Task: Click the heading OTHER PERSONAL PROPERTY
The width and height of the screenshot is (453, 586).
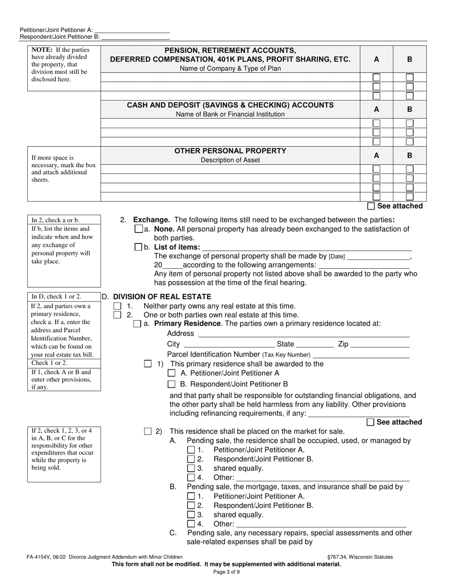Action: coord(230,151)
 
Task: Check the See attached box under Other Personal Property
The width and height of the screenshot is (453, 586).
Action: coord(371,206)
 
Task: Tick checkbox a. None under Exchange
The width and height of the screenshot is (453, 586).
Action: coord(139,229)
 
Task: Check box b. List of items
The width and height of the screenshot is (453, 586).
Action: coord(139,247)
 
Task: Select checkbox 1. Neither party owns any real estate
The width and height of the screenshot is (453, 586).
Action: coord(117,306)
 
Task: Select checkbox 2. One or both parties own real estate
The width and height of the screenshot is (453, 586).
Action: coord(117,315)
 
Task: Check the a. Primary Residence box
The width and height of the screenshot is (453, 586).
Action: coord(137,324)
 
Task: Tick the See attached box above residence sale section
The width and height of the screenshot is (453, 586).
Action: coord(371,422)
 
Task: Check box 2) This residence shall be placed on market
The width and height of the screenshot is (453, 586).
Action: coord(148,432)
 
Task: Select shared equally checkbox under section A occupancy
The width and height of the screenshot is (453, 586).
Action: coord(191,468)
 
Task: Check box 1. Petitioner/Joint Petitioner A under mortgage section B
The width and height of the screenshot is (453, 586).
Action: coord(191,496)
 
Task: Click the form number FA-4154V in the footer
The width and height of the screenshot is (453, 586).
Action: coord(36,556)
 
